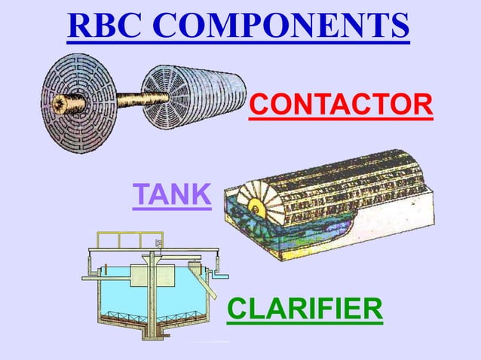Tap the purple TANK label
pos(171,195)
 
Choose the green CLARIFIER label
pos(305,309)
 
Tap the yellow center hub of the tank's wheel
pos(254,203)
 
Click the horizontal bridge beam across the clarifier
pos(151,250)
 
